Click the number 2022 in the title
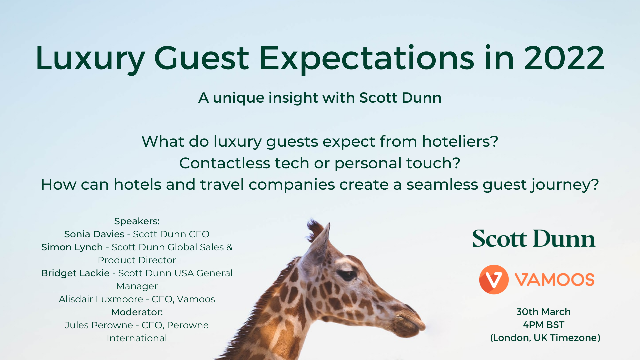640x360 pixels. (x=564, y=58)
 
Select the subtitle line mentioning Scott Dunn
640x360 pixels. (x=320, y=98)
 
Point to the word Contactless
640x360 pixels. (x=225, y=163)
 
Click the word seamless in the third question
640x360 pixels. (x=442, y=185)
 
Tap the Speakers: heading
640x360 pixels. (x=137, y=221)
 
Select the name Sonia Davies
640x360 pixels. (x=94, y=234)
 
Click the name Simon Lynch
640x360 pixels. (x=72, y=247)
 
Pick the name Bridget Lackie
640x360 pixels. (x=75, y=273)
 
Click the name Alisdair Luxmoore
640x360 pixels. (x=101, y=299)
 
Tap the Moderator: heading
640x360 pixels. (x=137, y=312)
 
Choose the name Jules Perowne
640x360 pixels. (x=99, y=325)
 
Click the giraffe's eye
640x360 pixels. (x=347, y=275)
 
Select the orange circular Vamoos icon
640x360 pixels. (x=494, y=279)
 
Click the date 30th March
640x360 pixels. (x=543, y=312)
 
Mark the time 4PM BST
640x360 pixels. (x=544, y=325)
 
